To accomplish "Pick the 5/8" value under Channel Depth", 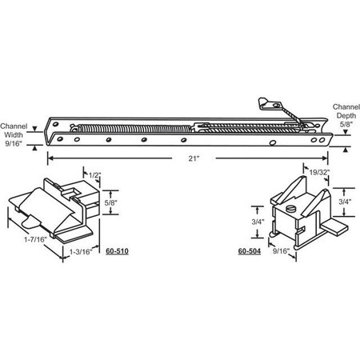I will point(344,126).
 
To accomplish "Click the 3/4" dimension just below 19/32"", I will point(344,203).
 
